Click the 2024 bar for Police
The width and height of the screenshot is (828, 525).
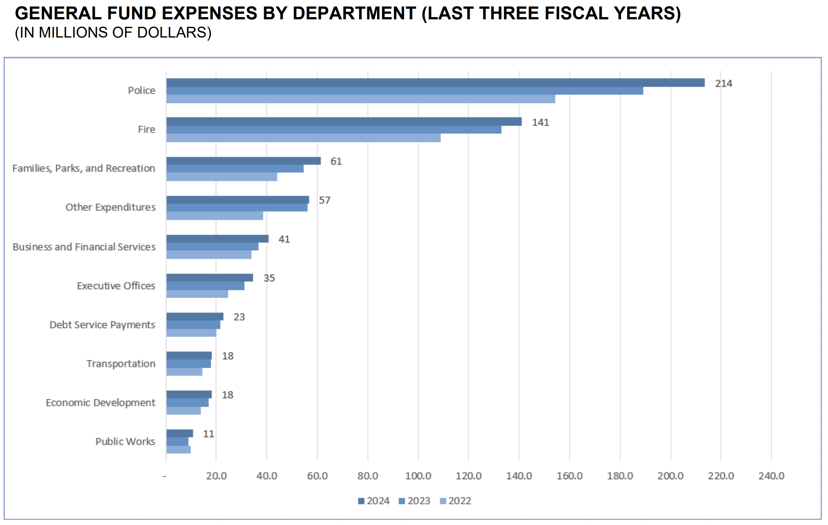[x=435, y=83]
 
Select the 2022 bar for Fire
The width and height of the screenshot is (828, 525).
[x=303, y=138]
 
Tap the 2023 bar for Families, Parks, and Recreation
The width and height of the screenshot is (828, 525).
[x=235, y=169]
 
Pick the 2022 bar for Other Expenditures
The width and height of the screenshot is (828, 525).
[x=215, y=216]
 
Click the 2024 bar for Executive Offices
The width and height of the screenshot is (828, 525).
[x=210, y=278]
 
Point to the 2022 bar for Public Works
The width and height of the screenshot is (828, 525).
[x=178, y=450]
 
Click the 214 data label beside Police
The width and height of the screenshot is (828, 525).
[x=723, y=84]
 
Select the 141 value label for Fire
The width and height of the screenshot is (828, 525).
[x=540, y=123]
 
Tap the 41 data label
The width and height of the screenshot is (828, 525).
[x=284, y=239]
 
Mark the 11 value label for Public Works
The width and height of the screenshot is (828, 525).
[x=208, y=434]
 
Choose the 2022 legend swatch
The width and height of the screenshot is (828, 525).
[x=443, y=501]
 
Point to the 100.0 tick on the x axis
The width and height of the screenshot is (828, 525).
[x=418, y=476]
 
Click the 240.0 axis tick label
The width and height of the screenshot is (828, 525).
[x=771, y=476]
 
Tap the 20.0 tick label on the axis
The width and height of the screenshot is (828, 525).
[x=216, y=476]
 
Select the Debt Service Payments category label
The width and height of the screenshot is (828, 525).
[x=102, y=325]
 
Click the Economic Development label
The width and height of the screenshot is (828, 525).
[x=100, y=403]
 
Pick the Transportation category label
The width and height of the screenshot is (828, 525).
[x=121, y=364]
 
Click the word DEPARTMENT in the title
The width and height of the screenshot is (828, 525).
[x=354, y=13]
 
